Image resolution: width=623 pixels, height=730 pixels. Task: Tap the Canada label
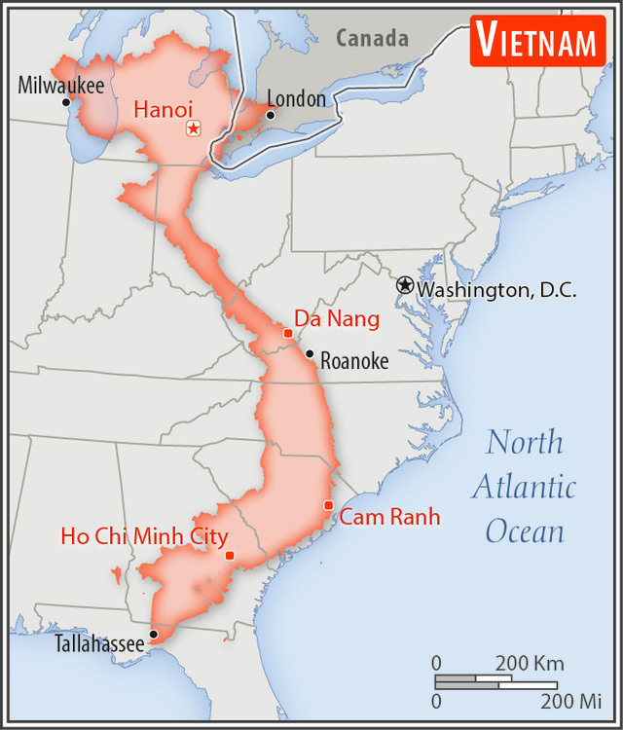(372, 39)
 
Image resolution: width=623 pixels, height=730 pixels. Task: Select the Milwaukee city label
(60, 85)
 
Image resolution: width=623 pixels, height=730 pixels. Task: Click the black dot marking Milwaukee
(66, 102)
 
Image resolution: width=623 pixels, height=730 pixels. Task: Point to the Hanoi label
(164, 109)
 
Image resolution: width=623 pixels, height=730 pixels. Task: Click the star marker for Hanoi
(193, 128)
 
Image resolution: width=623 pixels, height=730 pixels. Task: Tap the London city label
(295, 98)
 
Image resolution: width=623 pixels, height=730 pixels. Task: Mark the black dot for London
(271, 115)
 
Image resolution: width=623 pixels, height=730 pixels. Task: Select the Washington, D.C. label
(496, 289)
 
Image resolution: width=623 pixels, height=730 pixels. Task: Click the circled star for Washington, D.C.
(405, 284)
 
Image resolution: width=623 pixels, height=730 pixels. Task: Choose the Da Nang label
(337, 318)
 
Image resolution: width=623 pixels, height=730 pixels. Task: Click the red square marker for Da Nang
(288, 333)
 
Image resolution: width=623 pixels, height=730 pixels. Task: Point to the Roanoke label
(354, 361)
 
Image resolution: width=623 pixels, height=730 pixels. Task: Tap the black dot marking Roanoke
(310, 354)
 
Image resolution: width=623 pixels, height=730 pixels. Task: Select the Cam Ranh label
(389, 517)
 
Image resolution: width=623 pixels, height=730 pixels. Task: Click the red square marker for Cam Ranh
(329, 504)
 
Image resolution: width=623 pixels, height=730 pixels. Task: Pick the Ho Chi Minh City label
(144, 536)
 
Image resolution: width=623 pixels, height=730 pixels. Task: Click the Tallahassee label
(99, 643)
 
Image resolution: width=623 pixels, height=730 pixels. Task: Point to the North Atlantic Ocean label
(525, 486)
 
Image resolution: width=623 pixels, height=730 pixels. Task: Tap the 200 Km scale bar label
(529, 664)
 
